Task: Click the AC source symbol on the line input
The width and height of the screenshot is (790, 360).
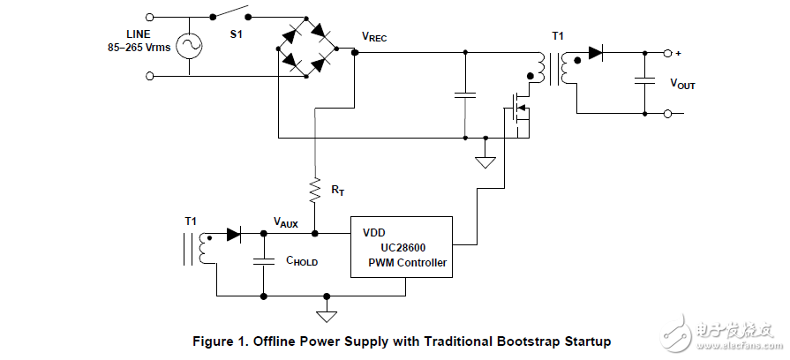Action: click(x=187, y=46)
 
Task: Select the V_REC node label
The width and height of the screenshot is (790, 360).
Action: click(x=374, y=37)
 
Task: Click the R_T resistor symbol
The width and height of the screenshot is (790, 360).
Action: click(x=313, y=188)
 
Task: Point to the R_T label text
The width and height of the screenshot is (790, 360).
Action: click(x=339, y=189)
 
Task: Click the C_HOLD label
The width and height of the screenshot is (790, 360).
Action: click(x=301, y=262)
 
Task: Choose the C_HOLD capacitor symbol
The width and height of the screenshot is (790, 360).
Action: click(x=263, y=261)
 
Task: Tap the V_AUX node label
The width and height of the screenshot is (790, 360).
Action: click(x=286, y=223)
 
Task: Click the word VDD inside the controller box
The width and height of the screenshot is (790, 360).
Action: click(x=374, y=234)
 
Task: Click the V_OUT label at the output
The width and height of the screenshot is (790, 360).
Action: click(x=682, y=84)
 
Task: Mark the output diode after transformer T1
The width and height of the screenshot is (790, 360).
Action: click(x=596, y=53)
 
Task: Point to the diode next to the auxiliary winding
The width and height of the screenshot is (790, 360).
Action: click(x=234, y=235)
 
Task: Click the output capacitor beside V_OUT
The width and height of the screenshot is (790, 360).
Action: click(x=644, y=81)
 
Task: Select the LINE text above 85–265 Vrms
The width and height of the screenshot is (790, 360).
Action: click(x=138, y=34)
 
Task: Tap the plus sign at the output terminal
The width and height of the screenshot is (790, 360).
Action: click(x=679, y=52)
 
